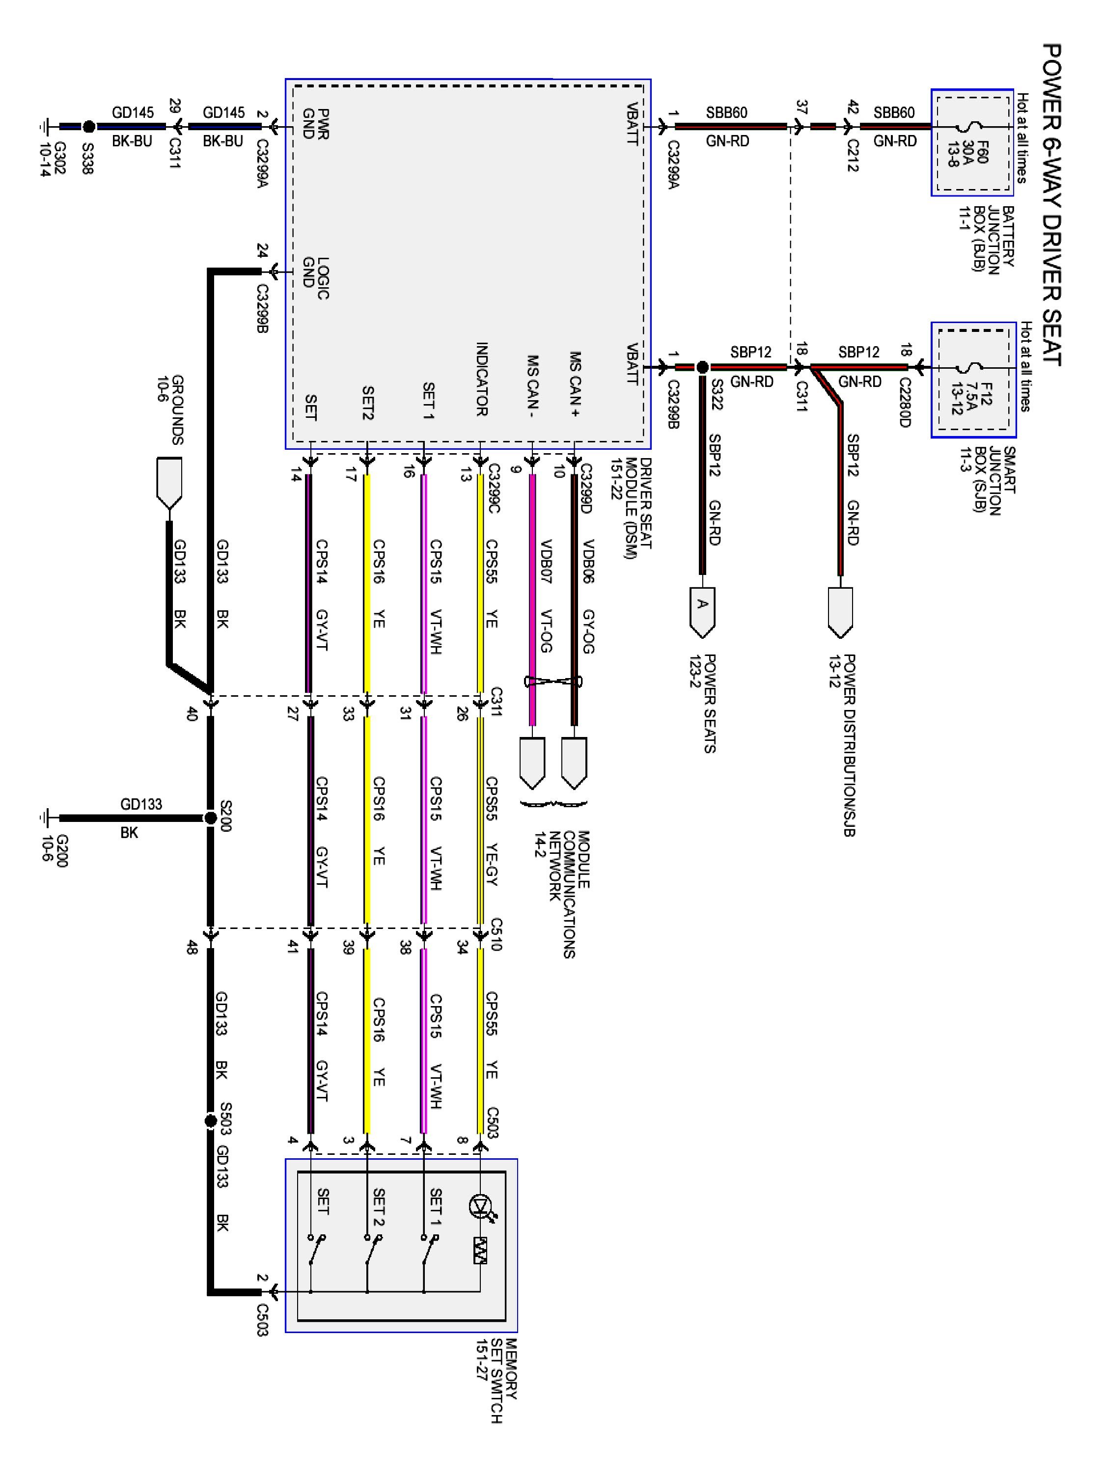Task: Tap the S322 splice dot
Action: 702,367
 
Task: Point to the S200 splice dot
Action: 211,818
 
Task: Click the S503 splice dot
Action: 211,1121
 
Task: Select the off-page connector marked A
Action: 702,610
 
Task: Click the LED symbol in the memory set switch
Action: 480,1206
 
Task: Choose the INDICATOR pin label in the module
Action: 482,379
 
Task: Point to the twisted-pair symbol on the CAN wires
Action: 553,681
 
